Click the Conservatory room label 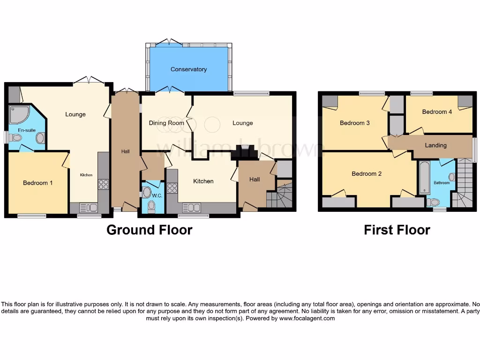pyautogui.click(x=188, y=69)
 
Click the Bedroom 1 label pyautogui.click(x=37, y=183)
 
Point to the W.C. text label pyautogui.click(x=157, y=195)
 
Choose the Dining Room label pyautogui.click(x=166, y=123)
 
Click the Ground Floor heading pyautogui.click(x=149, y=230)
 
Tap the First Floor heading pyautogui.click(x=397, y=230)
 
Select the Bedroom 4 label pyautogui.click(x=437, y=112)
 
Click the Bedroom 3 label pyautogui.click(x=355, y=123)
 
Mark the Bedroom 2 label pyautogui.click(x=367, y=173)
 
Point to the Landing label pyautogui.click(x=435, y=145)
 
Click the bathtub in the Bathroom pyautogui.click(x=424, y=178)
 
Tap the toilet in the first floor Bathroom pyautogui.click(x=434, y=202)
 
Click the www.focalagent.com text pyautogui.click(x=307, y=318)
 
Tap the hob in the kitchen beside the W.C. pyautogui.click(x=172, y=188)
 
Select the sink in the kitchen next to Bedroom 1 pyautogui.click(x=89, y=208)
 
